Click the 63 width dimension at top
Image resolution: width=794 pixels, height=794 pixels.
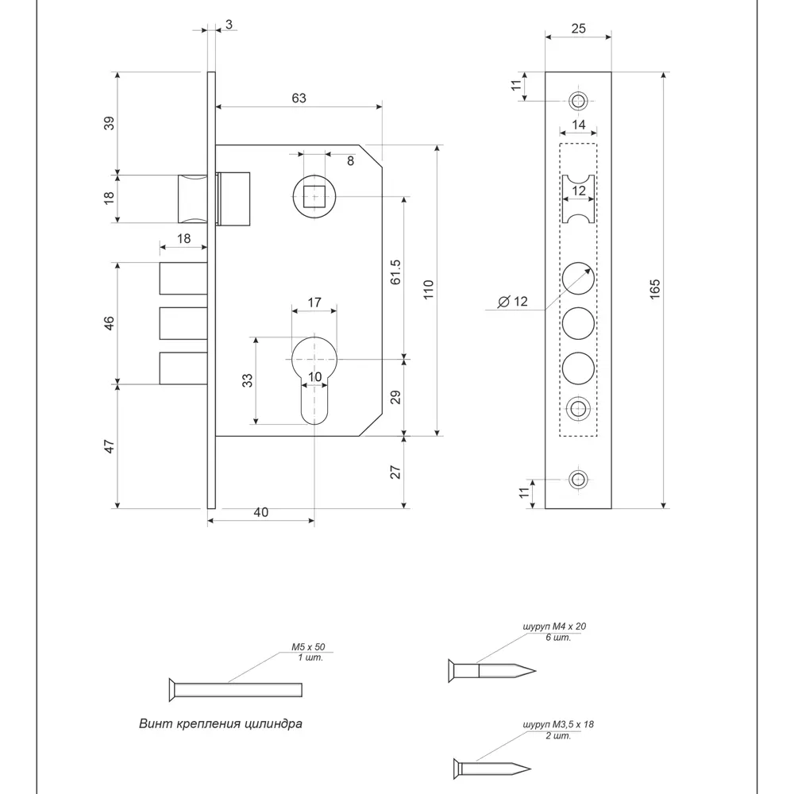coord(299,98)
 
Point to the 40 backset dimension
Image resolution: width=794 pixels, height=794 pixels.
coord(260,512)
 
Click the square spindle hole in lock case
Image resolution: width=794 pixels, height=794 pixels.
coord(314,195)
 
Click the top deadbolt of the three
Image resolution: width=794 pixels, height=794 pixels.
coord(183,279)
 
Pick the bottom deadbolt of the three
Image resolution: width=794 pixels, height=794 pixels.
coord(183,368)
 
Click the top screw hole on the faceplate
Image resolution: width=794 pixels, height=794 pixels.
coord(579,100)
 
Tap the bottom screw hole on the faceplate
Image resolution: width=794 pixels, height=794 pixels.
coord(579,480)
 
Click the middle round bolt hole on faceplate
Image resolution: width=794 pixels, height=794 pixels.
coord(579,324)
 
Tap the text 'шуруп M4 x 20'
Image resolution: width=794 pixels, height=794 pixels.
coord(555,626)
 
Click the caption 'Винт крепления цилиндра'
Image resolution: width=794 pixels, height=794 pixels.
coord(220,723)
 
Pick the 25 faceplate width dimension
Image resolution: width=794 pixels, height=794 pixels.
coord(578,29)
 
